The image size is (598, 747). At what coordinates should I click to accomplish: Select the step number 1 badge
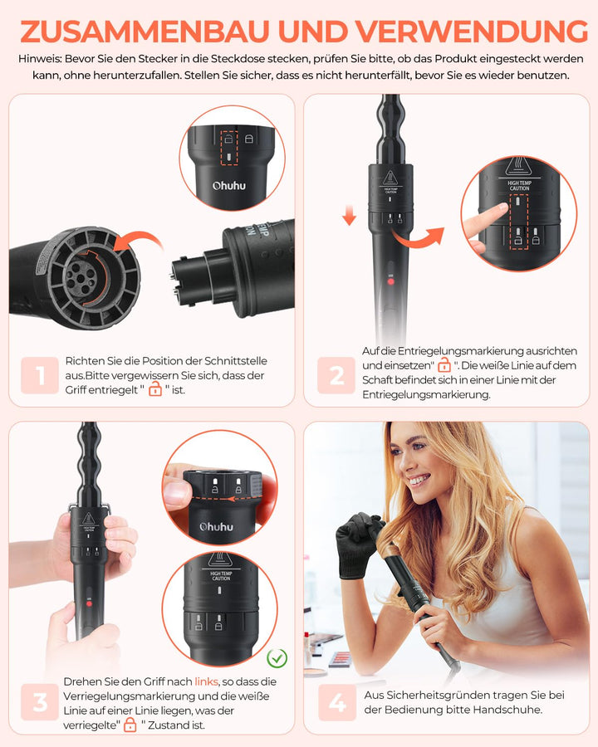(x=41, y=376)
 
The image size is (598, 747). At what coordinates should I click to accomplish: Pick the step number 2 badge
(x=336, y=376)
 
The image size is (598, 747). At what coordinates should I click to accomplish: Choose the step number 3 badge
(x=41, y=703)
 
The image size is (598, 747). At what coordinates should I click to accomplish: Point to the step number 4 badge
(x=336, y=703)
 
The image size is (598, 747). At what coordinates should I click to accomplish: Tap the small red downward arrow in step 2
(x=349, y=217)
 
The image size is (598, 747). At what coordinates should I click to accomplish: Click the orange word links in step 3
(x=207, y=681)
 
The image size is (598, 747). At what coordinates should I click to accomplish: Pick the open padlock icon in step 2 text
(x=444, y=366)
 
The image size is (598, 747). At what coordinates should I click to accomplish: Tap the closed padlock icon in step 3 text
(x=130, y=725)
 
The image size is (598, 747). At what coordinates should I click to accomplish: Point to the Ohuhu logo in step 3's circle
(x=216, y=526)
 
